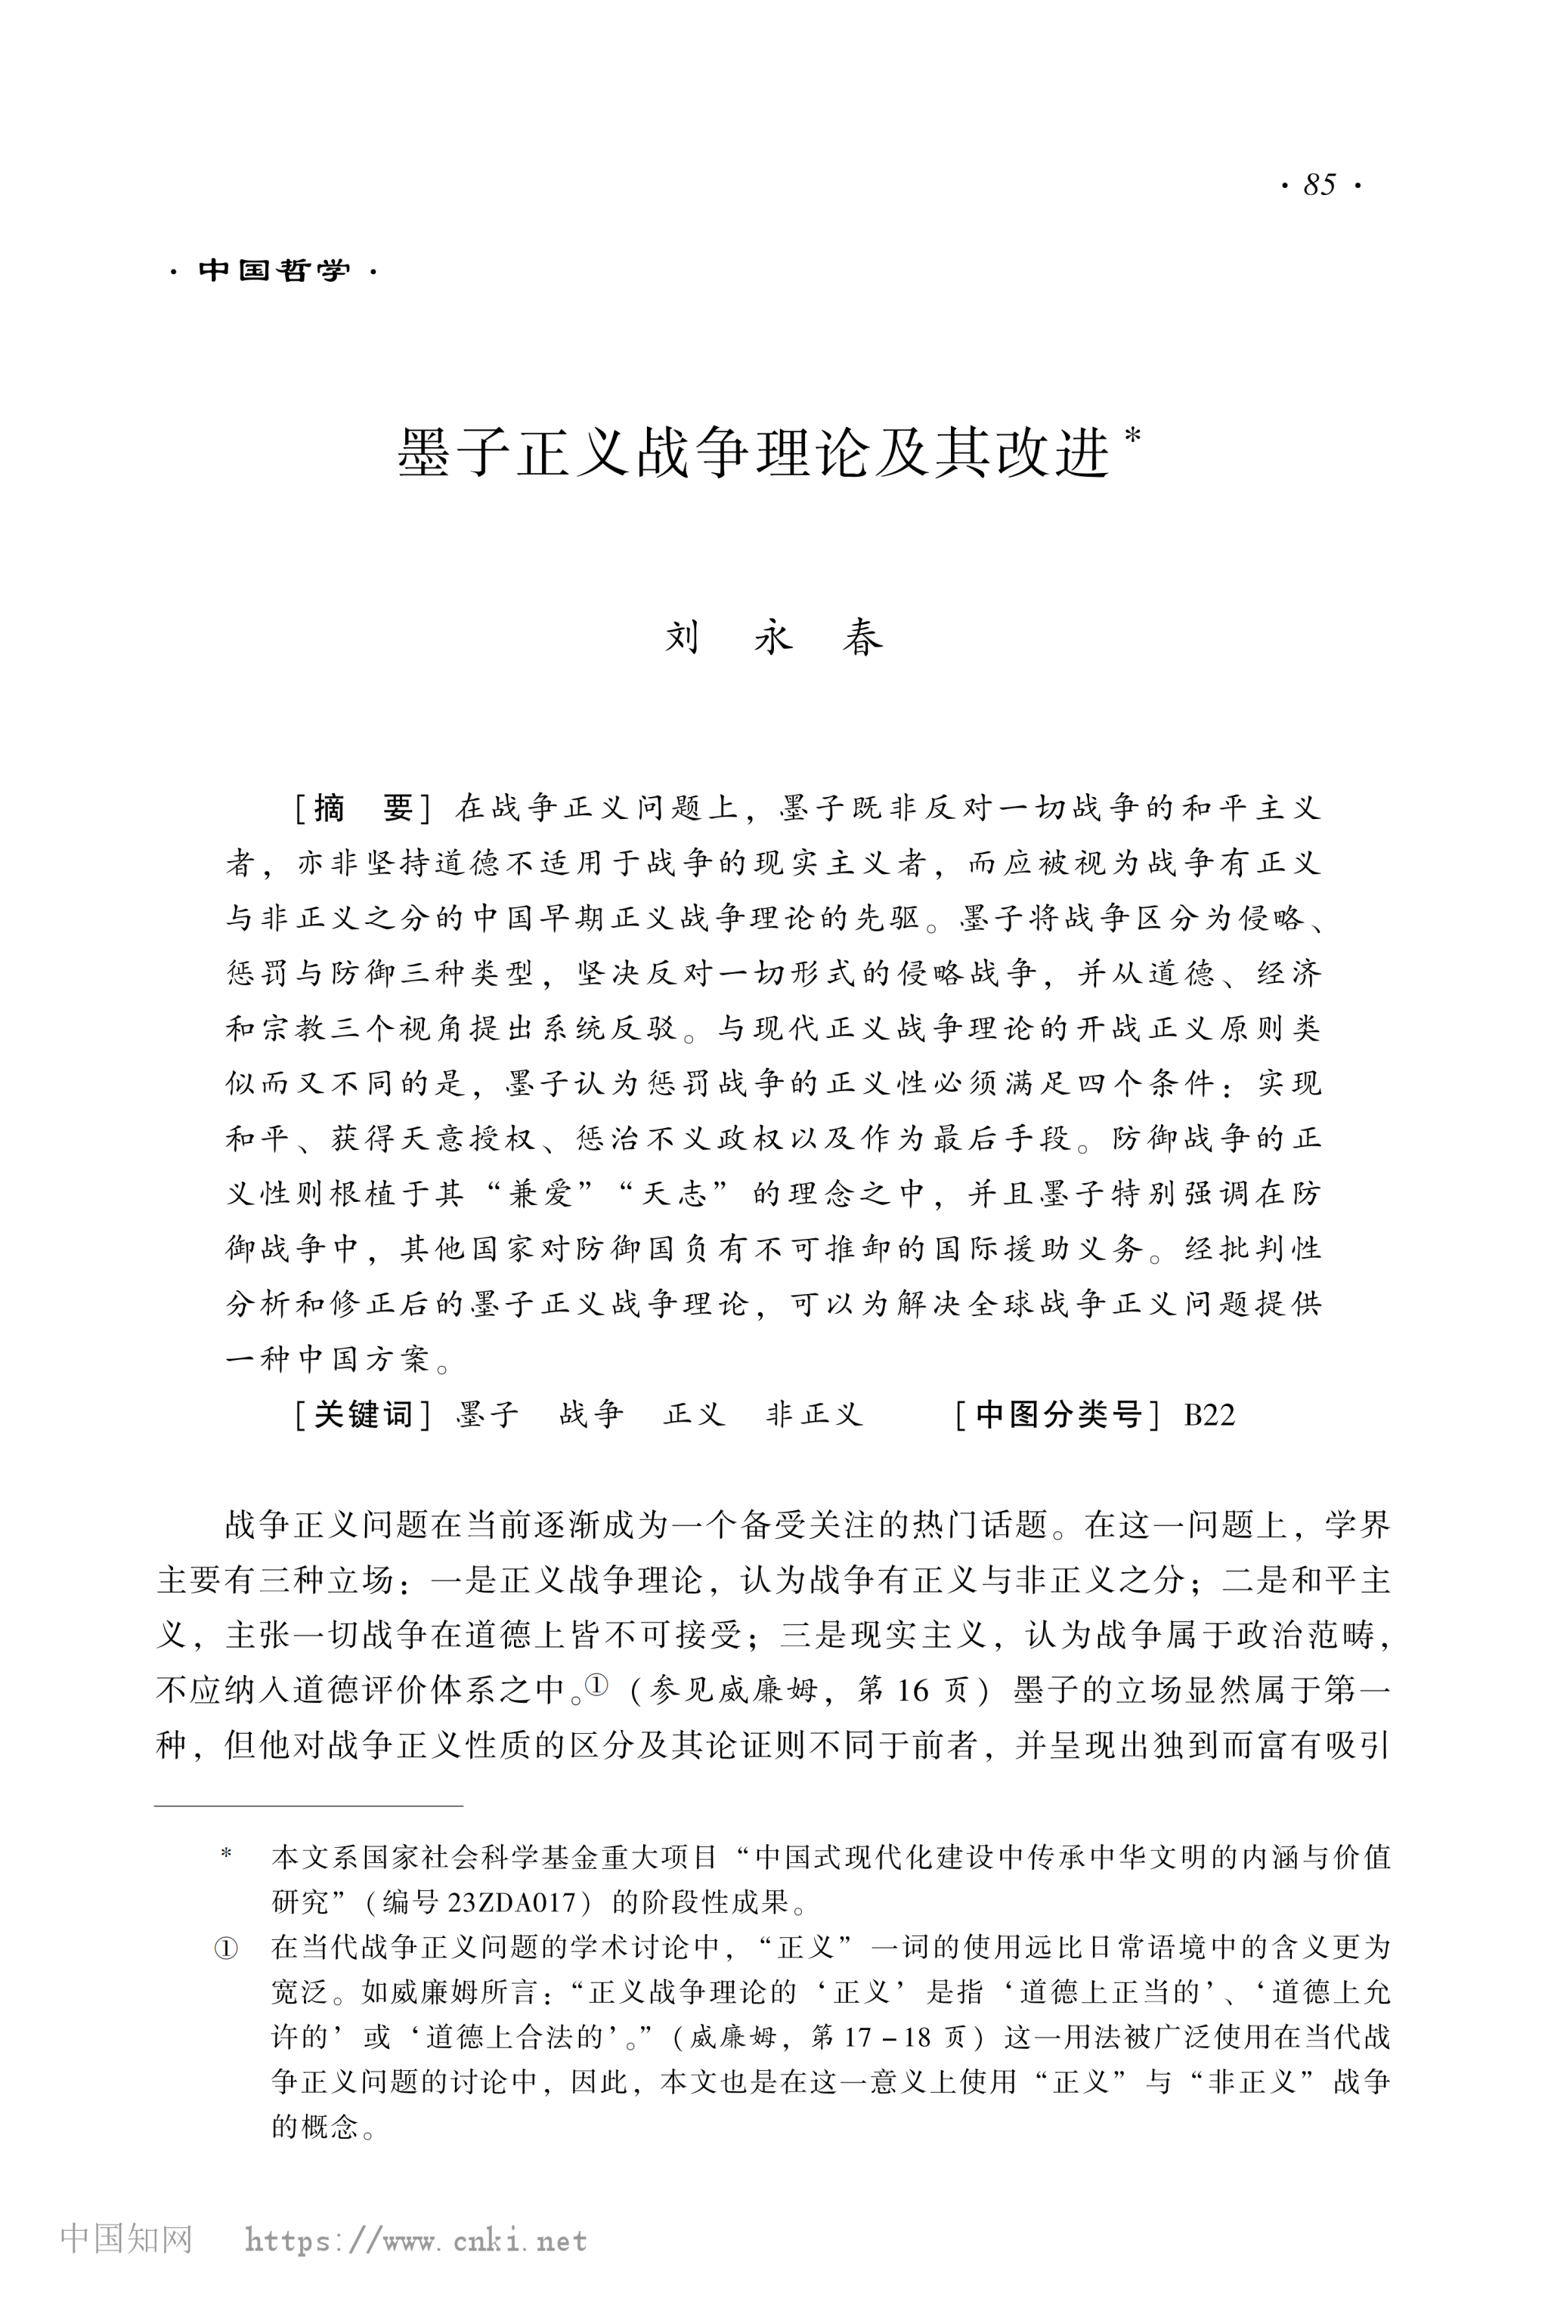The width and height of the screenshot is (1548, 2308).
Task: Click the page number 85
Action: (x=1319, y=184)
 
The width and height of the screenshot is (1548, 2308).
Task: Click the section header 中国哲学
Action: (x=274, y=270)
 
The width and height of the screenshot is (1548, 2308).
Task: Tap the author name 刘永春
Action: (x=773, y=638)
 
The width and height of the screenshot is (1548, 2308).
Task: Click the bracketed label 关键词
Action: (x=362, y=1414)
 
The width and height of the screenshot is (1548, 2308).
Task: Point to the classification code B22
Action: (x=1209, y=1415)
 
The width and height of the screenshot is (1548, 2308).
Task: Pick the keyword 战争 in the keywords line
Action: (x=590, y=1414)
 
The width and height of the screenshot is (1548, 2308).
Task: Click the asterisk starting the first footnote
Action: (x=227, y=1855)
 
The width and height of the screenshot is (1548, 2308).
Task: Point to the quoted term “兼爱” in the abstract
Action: (x=540, y=1193)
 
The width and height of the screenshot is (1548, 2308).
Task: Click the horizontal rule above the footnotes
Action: (x=308, y=1806)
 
